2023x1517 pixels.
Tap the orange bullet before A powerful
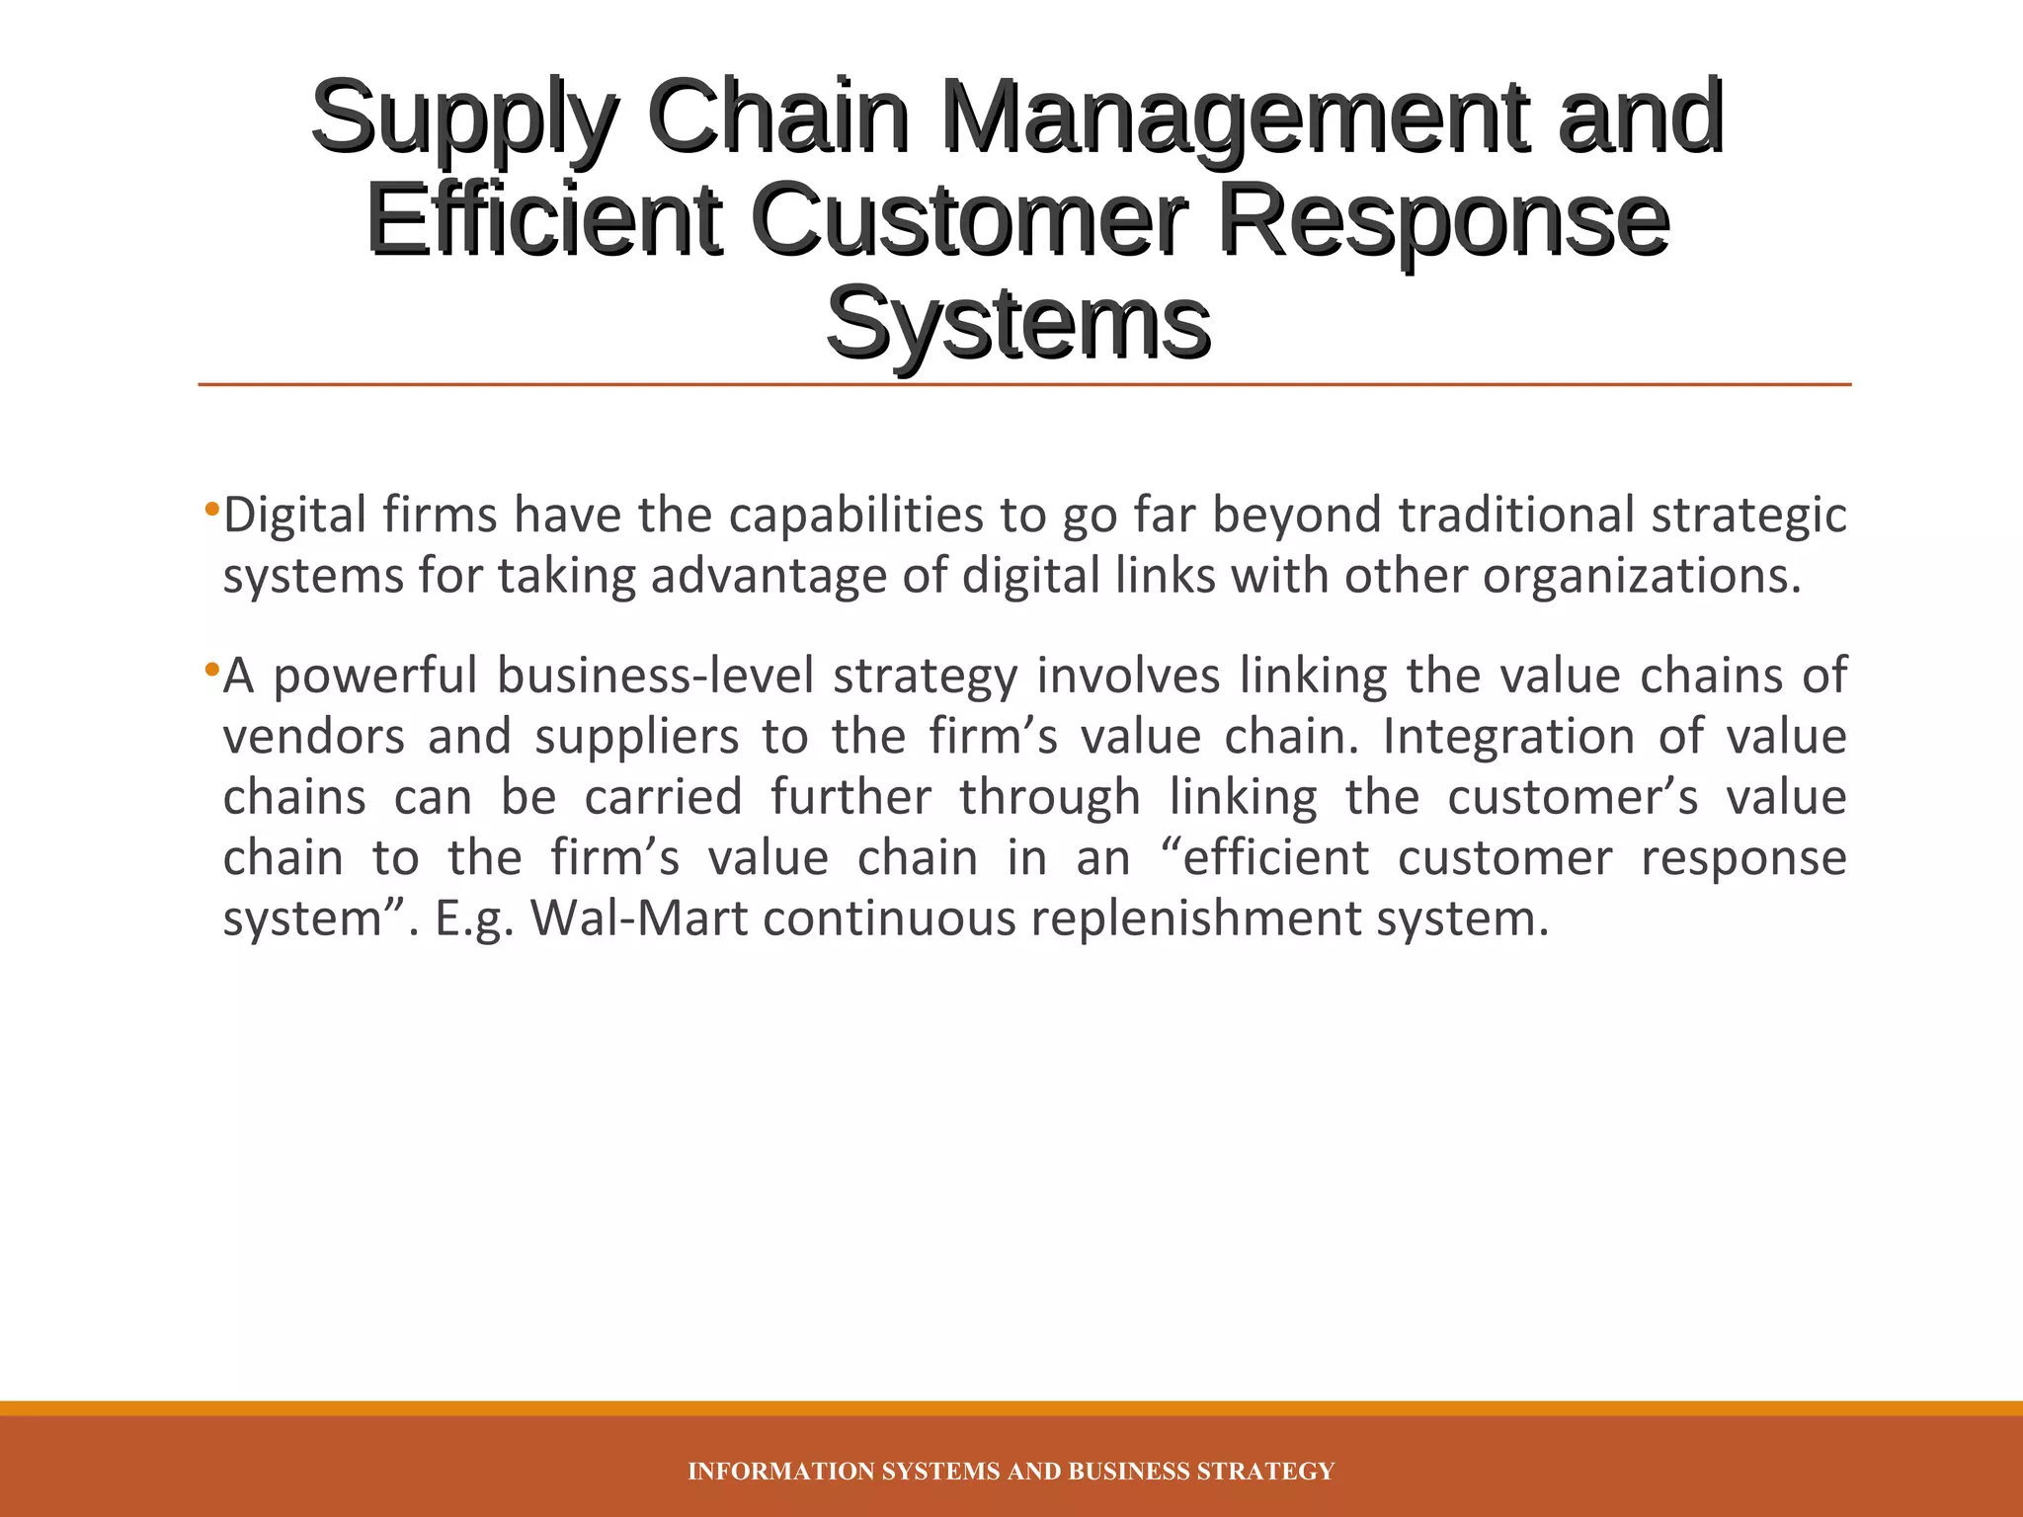pos(210,671)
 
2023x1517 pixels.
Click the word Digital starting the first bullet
pos(294,516)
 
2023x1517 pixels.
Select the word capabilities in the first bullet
pos(855,516)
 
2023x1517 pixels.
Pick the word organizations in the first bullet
pos(1642,577)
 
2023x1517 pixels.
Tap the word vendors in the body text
pos(313,738)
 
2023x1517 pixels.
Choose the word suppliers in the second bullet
pos(636,738)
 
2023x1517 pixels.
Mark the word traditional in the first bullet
pos(1516,516)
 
